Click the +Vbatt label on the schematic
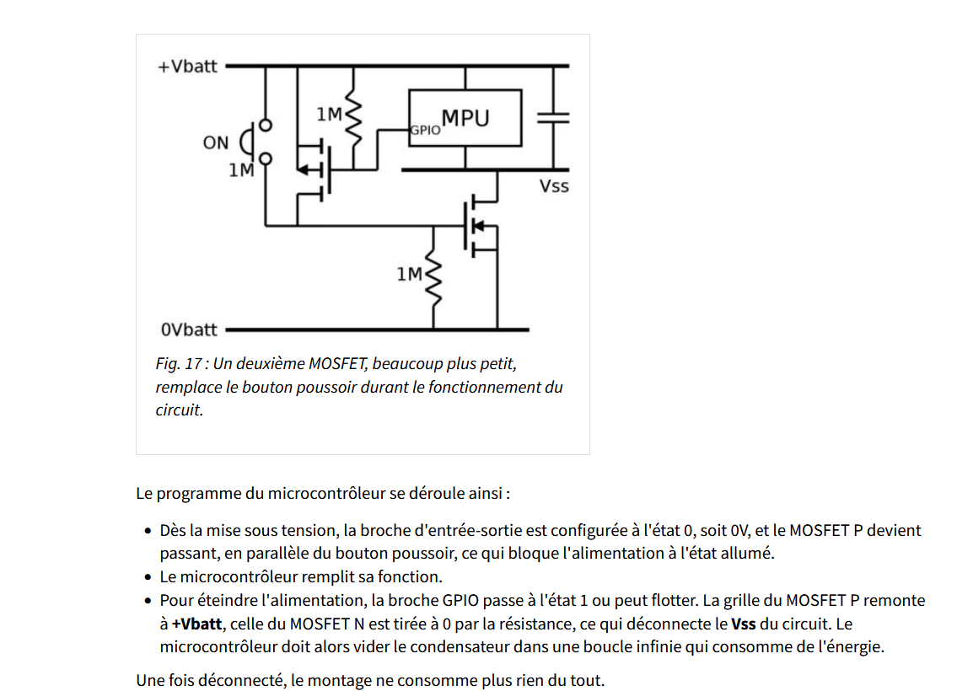[187, 67]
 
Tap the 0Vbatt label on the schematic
[189, 329]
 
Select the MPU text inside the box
[465, 118]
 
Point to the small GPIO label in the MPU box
[425, 131]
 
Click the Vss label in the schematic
[554, 185]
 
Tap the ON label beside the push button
[215, 142]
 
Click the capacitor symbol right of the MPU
[554, 118]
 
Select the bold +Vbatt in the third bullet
[197, 624]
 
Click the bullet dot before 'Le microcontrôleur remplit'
[148, 577]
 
